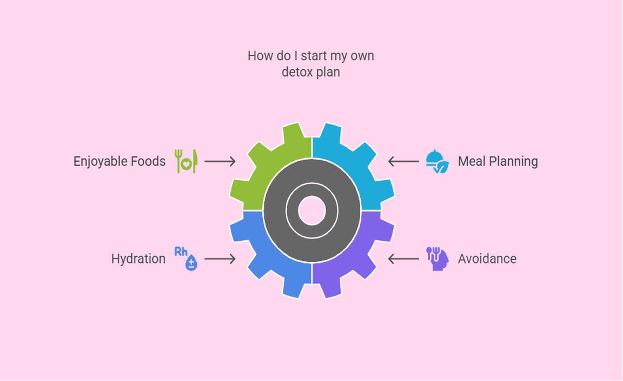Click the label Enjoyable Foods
pyautogui.click(x=120, y=161)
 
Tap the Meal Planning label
pyautogui.click(x=498, y=161)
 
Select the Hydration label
pyautogui.click(x=138, y=259)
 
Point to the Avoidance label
pyautogui.click(x=487, y=259)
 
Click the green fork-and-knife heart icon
pyautogui.click(x=186, y=161)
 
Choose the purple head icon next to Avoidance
pyautogui.click(x=437, y=259)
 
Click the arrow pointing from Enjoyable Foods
pyautogui.click(x=220, y=161)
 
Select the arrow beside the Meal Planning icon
pyautogui.click(x=403, y=161)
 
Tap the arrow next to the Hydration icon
pyautogui.click(x=220, y=259)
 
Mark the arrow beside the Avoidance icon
pyautogui.click(x=403, y=259)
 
